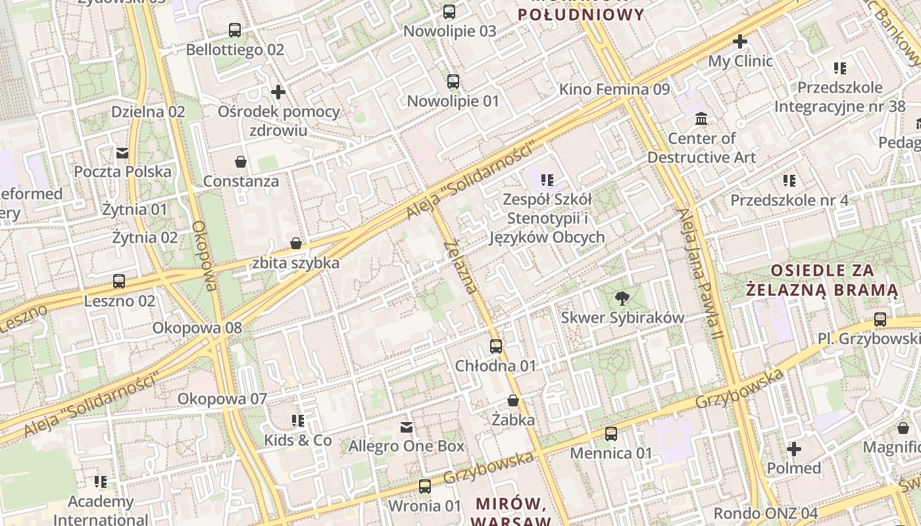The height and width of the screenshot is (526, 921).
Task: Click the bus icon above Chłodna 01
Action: click(496, 346)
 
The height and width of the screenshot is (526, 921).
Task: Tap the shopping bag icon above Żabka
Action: click(513, 400)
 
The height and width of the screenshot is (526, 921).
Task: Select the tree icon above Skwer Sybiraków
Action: click(622, 299)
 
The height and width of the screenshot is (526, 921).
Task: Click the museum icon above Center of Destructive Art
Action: click(701, 119)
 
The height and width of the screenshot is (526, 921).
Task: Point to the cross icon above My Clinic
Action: click(740, 41)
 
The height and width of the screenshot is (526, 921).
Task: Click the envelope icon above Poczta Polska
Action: click(122, 153)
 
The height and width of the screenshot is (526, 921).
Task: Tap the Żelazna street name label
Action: click(460, 267)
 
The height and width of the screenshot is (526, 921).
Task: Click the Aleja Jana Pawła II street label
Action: click(701, 275)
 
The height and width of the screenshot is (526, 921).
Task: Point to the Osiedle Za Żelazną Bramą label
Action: click(822, 280)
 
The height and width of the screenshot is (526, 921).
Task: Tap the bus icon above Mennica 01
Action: click(611, 433)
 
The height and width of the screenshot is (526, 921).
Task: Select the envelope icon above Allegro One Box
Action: click(407, 427)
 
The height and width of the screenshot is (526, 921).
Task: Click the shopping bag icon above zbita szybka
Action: click(296, 244)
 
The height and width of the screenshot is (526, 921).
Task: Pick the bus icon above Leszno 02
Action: click(119, 281)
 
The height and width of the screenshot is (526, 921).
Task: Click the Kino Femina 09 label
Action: click(614, 89)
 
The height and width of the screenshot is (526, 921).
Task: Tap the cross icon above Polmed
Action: click(794, 450)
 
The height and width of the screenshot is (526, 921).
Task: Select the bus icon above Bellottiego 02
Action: click(235, 30)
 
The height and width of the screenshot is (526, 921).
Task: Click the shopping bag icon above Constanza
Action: click(241, 162)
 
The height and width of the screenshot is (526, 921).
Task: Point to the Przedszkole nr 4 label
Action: click(789, 200)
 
